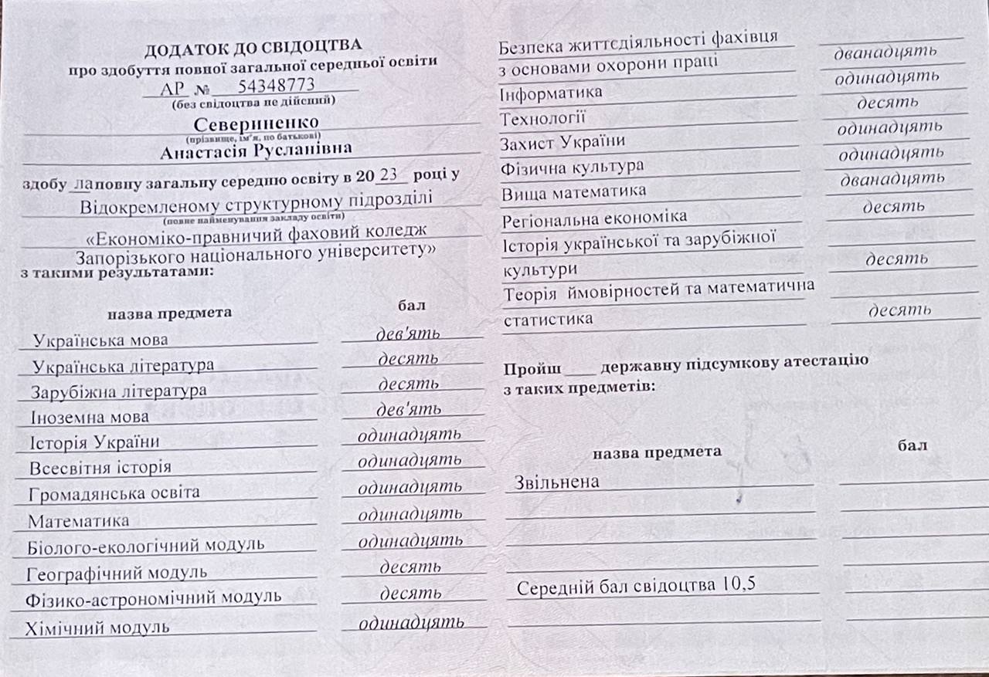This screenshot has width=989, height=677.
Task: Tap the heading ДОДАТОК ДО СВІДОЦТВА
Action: [x=253, y=48]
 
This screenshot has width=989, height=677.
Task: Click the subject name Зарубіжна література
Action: [x=119, y=391]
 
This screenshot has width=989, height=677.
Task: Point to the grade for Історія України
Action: [x=410, y=435]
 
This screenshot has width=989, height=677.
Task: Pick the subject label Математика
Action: [x=79, y=521]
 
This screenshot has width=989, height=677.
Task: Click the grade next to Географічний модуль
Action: [x=410, y=567]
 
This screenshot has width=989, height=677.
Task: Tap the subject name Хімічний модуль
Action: [x=98, y=627]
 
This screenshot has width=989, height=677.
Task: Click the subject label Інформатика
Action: [x=552, y=93]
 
